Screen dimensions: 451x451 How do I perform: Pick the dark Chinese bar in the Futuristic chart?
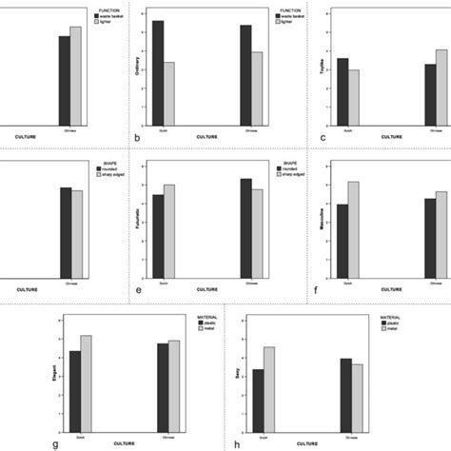pyautogui.click(x=245, y=226)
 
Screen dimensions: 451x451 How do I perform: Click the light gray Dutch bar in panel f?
pyautogui.click(x=354, y=227)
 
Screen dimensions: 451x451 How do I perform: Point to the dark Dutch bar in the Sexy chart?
pyautogui.click(x=257, y=397)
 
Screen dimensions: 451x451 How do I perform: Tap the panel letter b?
pyautogui.click(x=139, y=139)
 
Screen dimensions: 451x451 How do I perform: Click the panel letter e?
pyautogui.click(x=139, y=289)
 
